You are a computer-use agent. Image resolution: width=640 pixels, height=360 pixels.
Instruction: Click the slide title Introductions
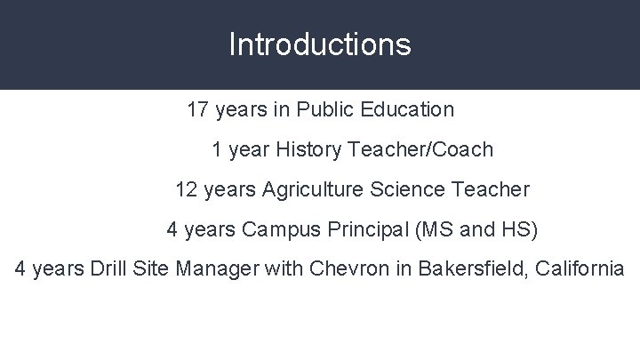pyautogui.click(x=319, y=44)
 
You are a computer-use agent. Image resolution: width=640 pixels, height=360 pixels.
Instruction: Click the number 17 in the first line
pyautogui.click(x=198, y=110)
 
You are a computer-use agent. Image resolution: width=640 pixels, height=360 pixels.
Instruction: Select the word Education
pyautogui.click(x=410, y=110)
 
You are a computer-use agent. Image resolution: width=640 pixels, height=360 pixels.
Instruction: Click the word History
pyautogui.click(x=308, y=150)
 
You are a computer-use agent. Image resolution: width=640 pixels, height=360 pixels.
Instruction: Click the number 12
pyautogui.click(x=187, y=190)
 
